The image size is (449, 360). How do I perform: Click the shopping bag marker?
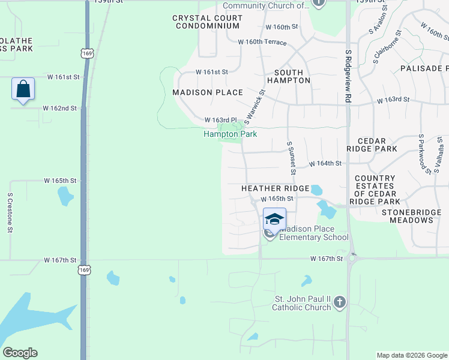coord(23,89)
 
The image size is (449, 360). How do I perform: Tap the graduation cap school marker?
coord(274,219)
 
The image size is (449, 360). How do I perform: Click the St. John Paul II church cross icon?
coord(339,302)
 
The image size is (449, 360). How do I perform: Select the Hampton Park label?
coord(231,134)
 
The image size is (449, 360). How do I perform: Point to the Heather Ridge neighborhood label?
coord(275,188)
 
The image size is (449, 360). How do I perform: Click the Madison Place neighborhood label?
coord(208,92)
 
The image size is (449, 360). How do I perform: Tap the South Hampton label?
coord(285,76)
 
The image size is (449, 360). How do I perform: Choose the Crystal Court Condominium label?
coord(208,22)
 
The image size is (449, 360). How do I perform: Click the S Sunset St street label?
coord(292,158)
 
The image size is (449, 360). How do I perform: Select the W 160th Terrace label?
coord(262,42)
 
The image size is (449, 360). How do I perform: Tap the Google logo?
coord(20,353)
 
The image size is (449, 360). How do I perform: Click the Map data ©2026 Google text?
coord(411,355)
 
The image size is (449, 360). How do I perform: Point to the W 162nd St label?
coord(60,109)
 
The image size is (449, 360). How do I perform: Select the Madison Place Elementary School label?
coord(314,233)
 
